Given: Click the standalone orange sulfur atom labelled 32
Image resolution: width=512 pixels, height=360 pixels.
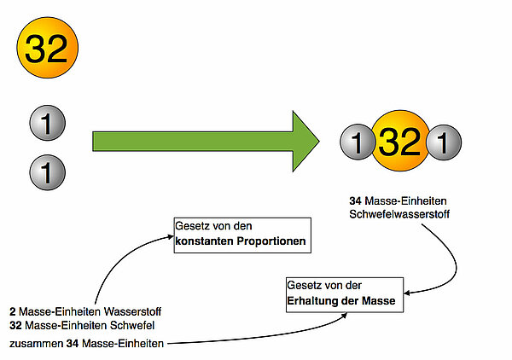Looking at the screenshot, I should click(47, 49).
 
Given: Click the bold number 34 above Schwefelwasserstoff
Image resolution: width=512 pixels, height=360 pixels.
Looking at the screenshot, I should click(356, 201).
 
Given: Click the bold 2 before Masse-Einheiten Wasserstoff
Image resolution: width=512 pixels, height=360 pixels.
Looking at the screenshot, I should click(13, 311).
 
